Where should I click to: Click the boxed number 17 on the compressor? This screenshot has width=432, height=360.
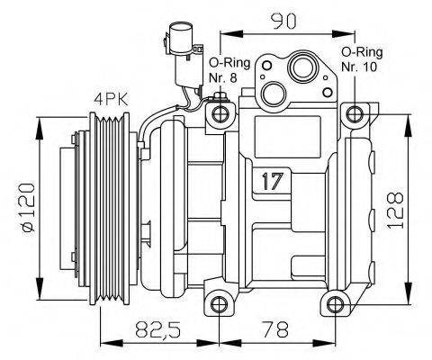click(x=273, y=180)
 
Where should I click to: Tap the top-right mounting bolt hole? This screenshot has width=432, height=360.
click(x=357, y=113)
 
